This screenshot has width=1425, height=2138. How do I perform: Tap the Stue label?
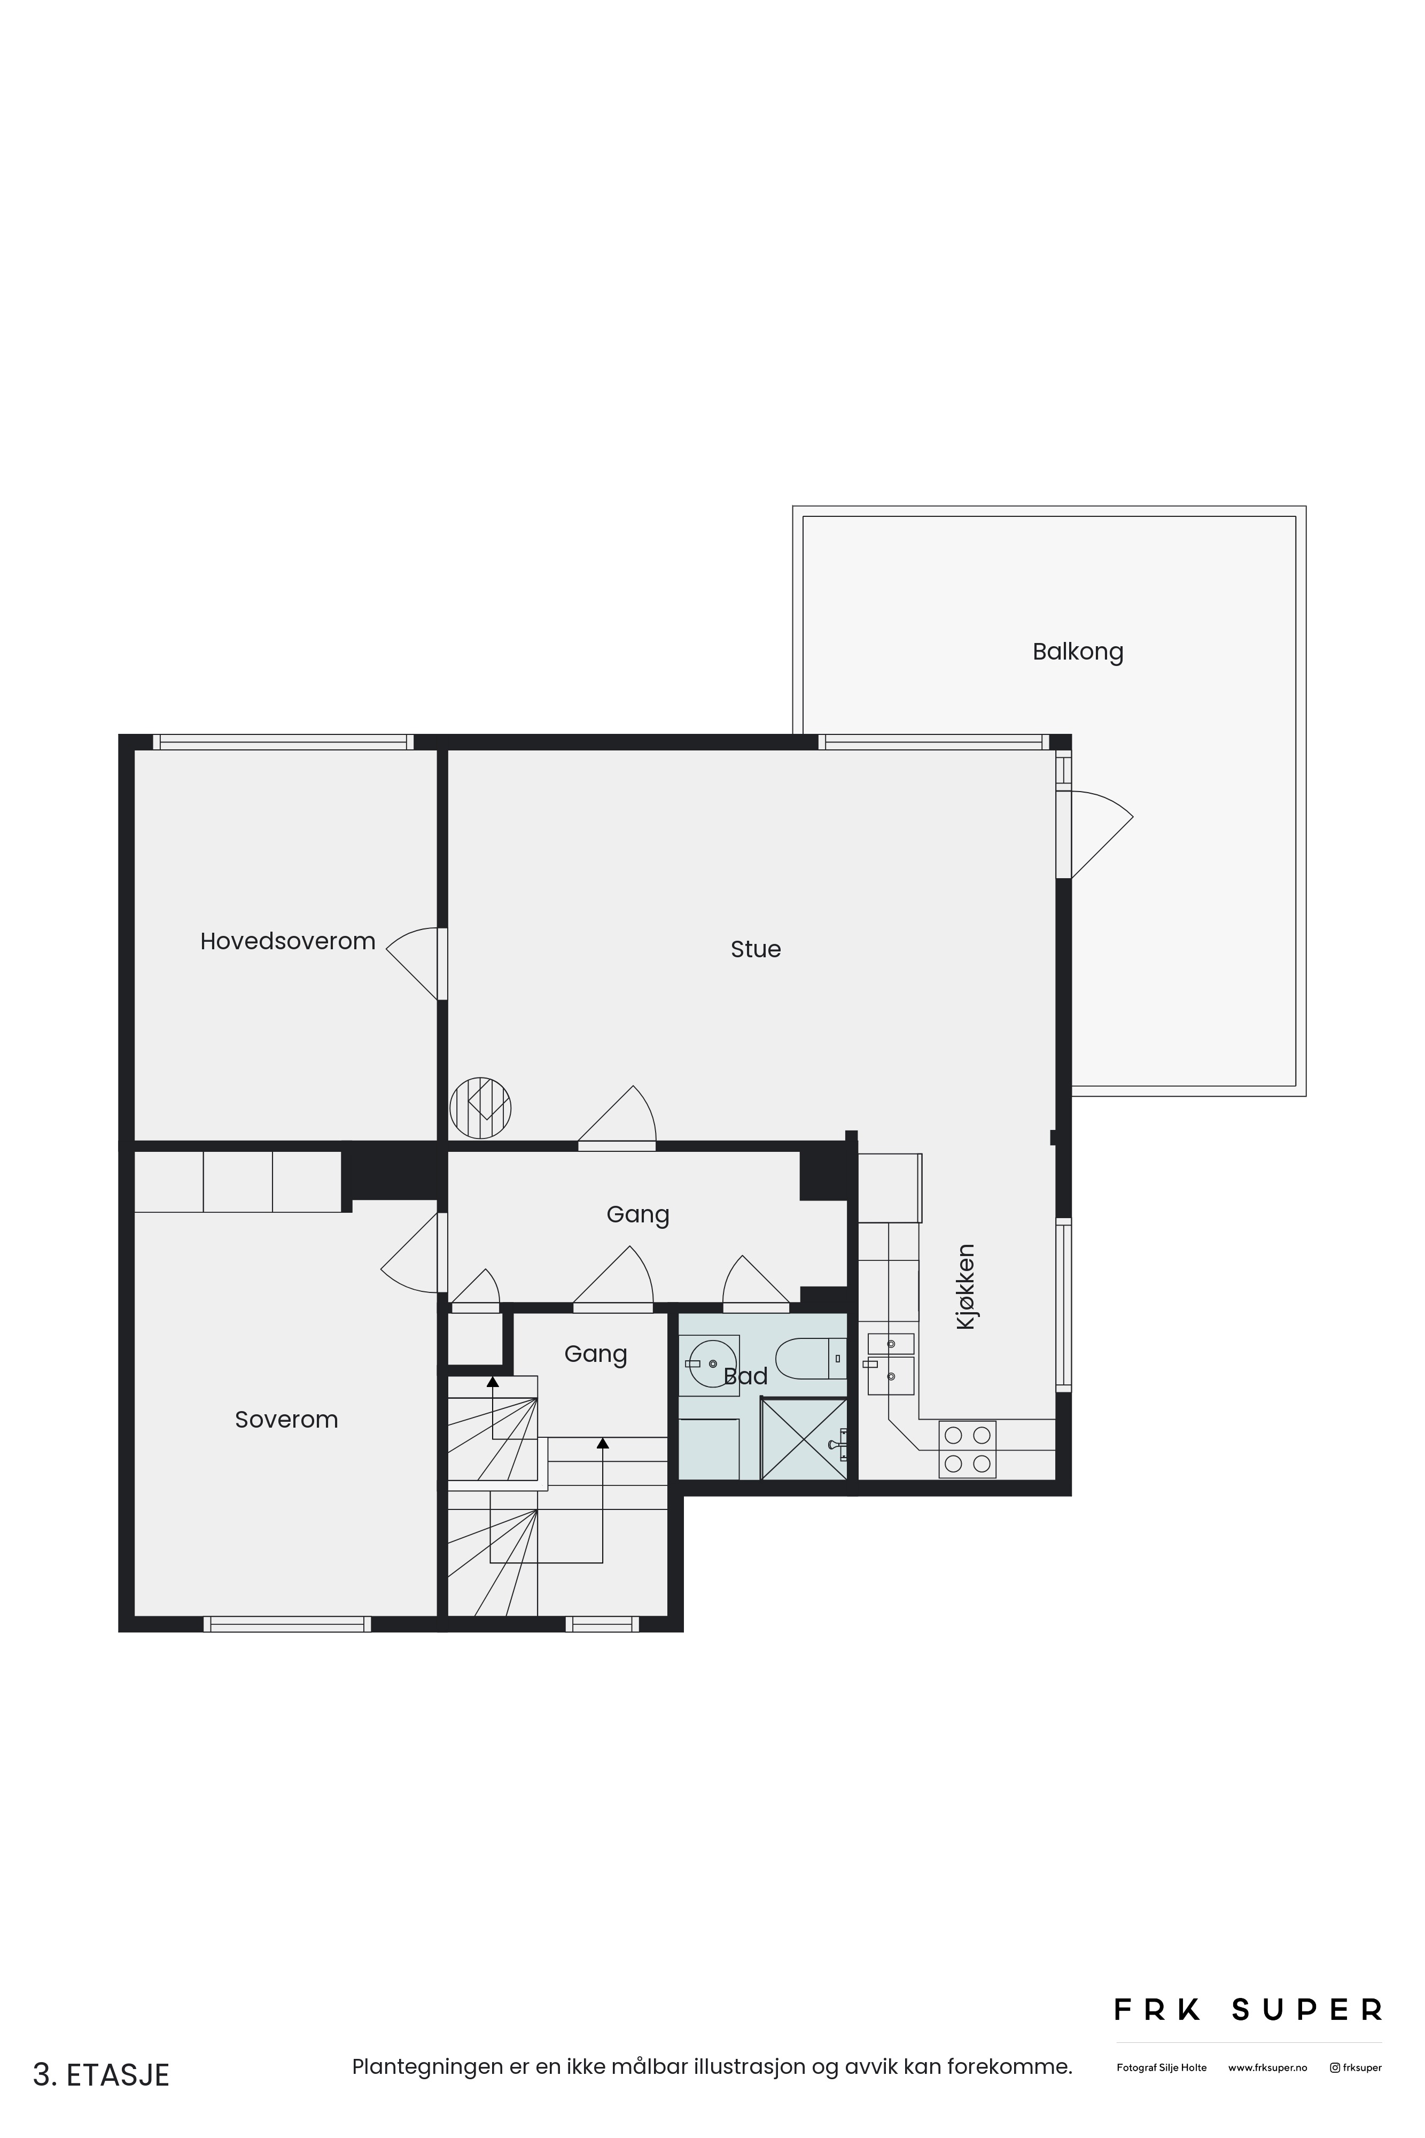click(x=755, y=949)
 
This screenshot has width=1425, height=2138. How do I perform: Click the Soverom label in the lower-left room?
click(x=286, y=1419)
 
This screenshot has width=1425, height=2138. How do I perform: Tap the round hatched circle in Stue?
click(x=481, y=1107)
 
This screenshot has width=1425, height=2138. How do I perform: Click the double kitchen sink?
click(x=890, y=1362)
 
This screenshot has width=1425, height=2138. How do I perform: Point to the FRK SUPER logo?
click(x=1248, y=2010)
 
